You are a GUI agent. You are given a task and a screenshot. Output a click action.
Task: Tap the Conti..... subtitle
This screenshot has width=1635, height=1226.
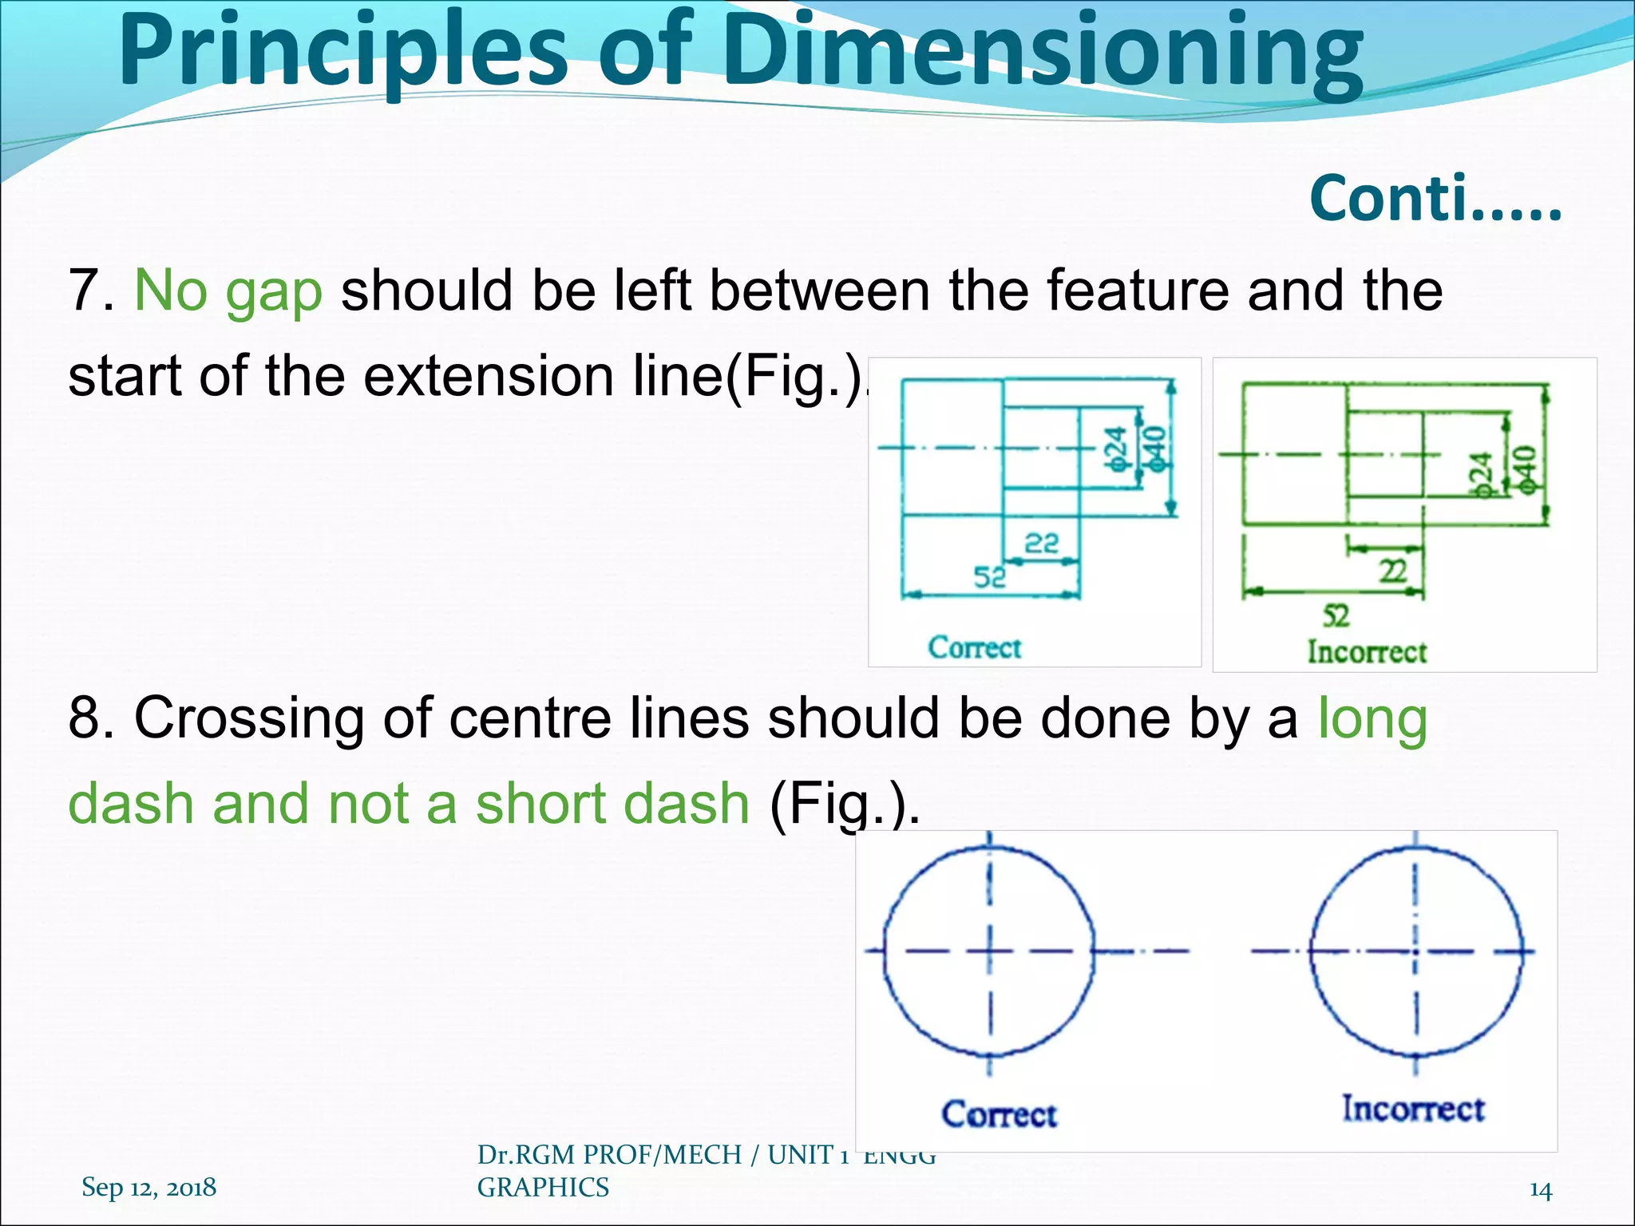click(1435, 200)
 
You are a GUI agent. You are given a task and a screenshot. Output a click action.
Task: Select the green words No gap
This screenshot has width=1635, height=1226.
click(228, 291)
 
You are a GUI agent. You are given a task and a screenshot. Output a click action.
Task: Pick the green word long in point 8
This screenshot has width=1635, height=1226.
click(1372, 718)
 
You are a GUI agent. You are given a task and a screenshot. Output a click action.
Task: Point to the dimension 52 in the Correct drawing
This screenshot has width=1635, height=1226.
click(990, 576)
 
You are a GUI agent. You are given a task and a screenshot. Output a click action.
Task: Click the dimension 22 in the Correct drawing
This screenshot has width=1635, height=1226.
click(1041, 544)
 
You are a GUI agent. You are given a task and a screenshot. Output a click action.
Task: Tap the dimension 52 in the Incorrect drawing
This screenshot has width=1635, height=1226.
click(1336, 615)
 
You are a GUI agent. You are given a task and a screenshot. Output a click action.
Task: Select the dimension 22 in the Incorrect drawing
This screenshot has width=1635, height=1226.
click(1393, 571)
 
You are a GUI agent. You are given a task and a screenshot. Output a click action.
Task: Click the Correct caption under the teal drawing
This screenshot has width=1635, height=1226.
click(974, 647)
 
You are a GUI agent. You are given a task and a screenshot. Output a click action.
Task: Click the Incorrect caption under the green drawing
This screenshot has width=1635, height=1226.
click(1366, 652)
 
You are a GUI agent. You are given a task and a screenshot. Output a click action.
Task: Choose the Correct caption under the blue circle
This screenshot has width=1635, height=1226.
click(999, 1114)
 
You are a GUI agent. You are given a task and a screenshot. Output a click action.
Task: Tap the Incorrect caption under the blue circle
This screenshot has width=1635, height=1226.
click(1412, 1109)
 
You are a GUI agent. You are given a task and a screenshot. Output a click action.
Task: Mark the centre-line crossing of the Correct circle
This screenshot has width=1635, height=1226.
click(990, 951)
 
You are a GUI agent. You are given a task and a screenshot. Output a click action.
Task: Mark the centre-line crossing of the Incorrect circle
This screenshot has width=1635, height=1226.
click(1415, 951)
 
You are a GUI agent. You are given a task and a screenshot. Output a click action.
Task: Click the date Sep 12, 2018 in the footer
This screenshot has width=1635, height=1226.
click(148, 1188)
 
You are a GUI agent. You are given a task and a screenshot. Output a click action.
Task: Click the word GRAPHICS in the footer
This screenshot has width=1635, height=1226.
click(543, 1188)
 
